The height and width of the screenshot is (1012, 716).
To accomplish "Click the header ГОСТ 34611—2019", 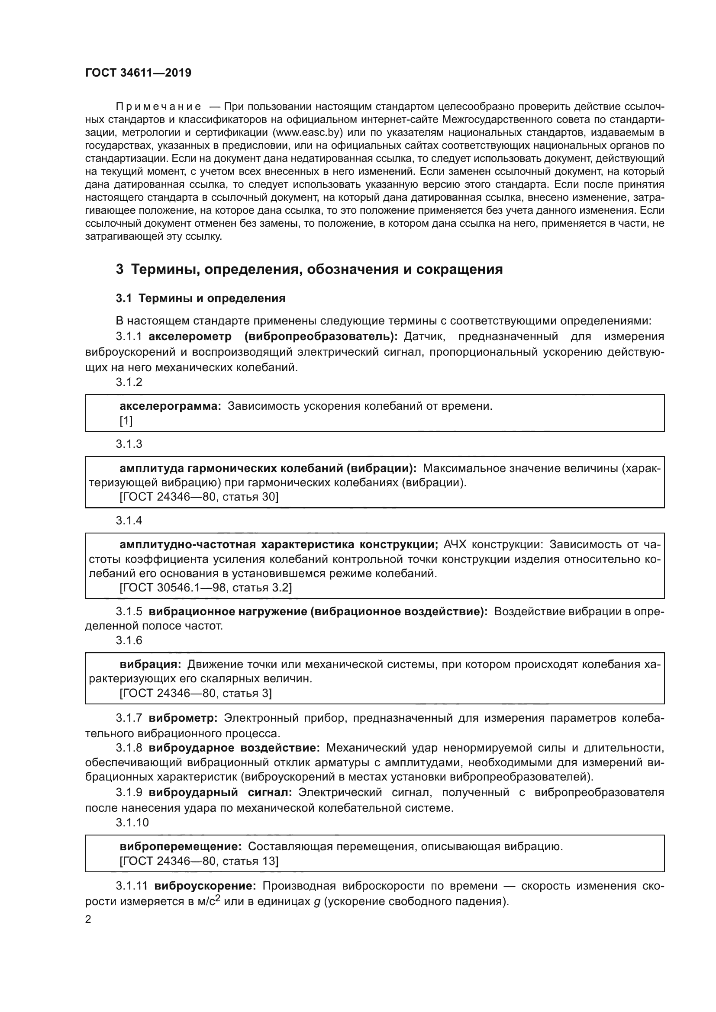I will pyautogui.click(x=138, y=73).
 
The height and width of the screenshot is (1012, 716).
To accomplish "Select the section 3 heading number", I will pyautogui.click(x=119, y=269).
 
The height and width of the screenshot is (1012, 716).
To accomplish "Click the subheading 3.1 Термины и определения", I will pyautogui.click(x=200, y=299).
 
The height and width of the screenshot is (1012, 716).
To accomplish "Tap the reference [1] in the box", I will pyautogui.click(x=126, y=421).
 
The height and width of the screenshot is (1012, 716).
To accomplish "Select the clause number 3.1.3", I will pyautogui.click(x=129, y=444).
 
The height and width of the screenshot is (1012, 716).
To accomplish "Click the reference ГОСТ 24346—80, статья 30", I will pyautogui.click(x=199, y=497).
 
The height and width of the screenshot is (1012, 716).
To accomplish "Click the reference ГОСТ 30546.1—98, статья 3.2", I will pyautogui.click(x=206, y=588).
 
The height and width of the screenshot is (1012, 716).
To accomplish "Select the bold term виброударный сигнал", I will pyautogui.click(x=220, y=793).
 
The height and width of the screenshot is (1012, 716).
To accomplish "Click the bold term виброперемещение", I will pyautogui.click(x=181, y=846).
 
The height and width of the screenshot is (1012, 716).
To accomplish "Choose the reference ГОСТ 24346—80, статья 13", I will pyautogui.click(x=199, y=861).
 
